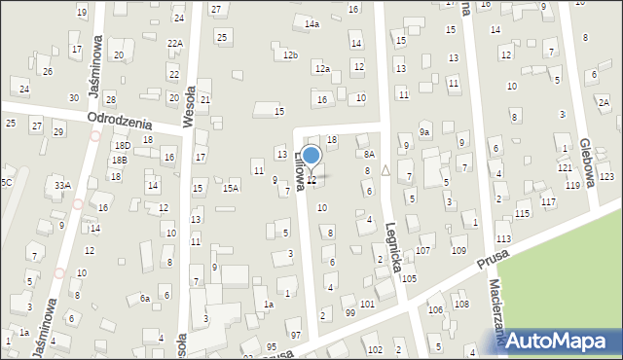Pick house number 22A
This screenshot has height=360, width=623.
(175, 44)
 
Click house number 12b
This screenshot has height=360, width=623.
(290, 55)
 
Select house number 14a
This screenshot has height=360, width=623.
(311, 23)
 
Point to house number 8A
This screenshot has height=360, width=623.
(369, 154)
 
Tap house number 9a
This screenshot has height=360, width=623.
(424, 131)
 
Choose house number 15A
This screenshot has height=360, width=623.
(231, 188)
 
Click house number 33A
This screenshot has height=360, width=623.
(62, 185)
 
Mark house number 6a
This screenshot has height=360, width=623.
(144, 299)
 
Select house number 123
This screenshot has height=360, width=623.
(606, 176)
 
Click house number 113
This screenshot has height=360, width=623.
(503, 238)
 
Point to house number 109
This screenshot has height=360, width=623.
(458, 251)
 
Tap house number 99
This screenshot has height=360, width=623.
(350, 312)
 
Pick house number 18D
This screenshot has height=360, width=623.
(122, 146)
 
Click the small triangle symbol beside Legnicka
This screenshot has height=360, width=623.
(385, 169)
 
